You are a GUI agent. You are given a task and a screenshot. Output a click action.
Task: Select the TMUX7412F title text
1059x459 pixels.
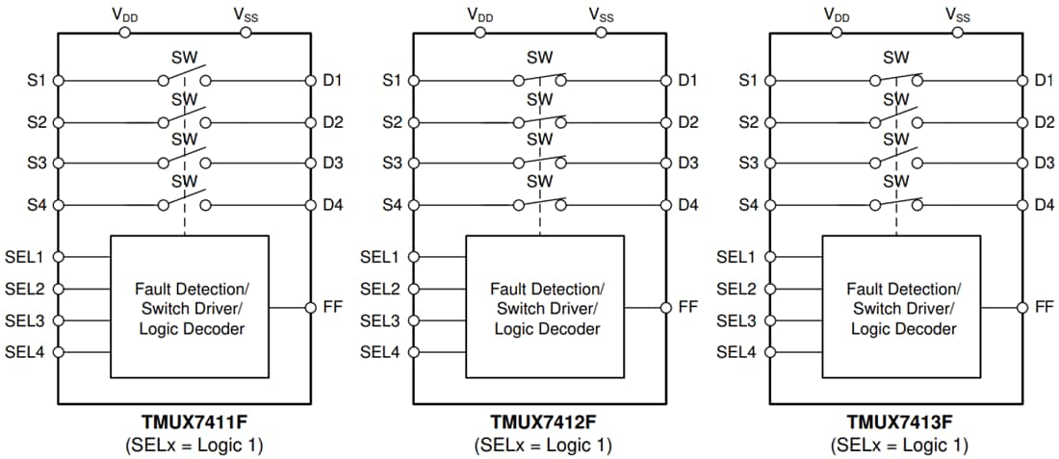(543, 421)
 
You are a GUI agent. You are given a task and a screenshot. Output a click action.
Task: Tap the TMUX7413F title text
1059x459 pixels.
(898, 421)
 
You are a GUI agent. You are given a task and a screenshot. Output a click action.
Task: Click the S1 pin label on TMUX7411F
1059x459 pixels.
(37, 81)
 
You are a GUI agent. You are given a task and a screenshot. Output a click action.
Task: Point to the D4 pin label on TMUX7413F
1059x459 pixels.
(1044, 205)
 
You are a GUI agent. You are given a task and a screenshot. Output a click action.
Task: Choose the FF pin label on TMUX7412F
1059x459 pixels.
(687, 307)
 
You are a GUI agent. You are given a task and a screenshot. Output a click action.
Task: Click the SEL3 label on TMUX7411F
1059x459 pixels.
(25, 320)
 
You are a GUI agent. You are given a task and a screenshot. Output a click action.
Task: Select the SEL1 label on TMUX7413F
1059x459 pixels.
(736, 257)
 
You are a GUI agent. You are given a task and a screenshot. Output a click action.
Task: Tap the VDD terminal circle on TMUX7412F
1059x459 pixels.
(479, 32)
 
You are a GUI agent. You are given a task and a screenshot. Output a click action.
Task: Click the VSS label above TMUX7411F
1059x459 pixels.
(245, 13)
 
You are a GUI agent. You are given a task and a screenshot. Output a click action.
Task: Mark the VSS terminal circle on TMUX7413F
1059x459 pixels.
(957, 32)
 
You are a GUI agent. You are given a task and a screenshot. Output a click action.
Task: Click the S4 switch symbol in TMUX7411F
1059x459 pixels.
(183, 202)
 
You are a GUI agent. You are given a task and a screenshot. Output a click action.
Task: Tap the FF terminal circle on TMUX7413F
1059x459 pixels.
(1021, 307)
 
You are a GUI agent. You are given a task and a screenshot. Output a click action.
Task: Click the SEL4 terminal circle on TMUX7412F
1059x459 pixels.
(414, 352)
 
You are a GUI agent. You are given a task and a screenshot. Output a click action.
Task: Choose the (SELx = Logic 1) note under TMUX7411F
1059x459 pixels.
(193, 446)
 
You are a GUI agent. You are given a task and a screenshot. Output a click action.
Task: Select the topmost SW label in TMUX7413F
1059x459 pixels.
(896, 58)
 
